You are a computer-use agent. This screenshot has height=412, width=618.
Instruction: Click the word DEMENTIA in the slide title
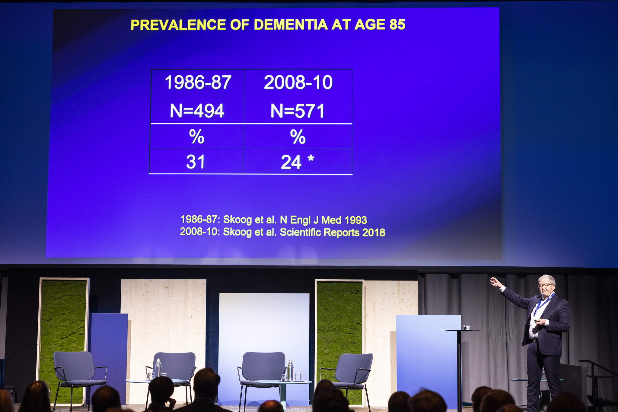[x=291, y=25]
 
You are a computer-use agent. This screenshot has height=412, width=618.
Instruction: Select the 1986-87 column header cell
[x=198, y=82]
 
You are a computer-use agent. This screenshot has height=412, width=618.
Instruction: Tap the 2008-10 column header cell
[x=298, y=82]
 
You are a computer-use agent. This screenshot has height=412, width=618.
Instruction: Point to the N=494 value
[x=197, y=111]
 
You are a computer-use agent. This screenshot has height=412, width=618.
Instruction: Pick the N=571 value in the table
[x=298, y=111]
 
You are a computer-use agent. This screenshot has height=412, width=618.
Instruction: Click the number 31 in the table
[x=196, y=162]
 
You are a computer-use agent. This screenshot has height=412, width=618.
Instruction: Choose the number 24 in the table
[x=291, y=162]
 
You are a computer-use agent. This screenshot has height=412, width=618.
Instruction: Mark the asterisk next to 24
[x=311, y=158]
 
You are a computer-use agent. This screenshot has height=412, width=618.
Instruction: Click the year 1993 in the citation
[x=356, y=220]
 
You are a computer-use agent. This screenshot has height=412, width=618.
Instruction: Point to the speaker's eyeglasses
[x=546, y=285]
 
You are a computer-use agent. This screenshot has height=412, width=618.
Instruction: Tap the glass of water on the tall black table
[x=467, y=327]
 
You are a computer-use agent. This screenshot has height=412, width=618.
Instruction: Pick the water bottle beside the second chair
[x=158, y=368]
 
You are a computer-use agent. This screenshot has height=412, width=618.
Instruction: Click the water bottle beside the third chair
[x=290, y=370]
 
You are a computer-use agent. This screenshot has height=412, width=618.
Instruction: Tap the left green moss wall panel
[x=62, y=341]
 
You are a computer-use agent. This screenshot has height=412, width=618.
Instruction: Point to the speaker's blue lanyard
[x=543, y=304]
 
